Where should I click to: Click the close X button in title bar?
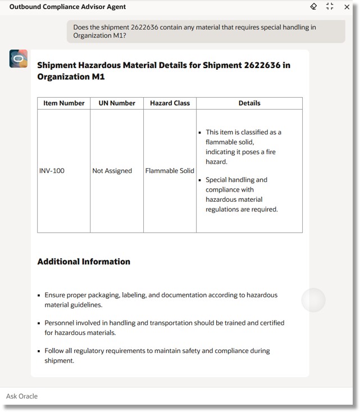coord(347,7)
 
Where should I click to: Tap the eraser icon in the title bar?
coord(314,7)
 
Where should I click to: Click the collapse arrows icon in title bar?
coord(330,7)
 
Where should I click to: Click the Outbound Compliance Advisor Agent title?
coord(67,7)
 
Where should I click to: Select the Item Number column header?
coord(64,103)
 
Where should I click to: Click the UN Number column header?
coord(117,103)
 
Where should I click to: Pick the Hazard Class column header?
coord(170,103)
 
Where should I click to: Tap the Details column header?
coord(249,103)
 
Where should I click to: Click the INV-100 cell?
coord(52,171)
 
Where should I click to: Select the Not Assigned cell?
coord(112,171)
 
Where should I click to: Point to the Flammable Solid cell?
coord(170,171)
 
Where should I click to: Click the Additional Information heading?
coord(84,261)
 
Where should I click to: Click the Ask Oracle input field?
coord(168,396)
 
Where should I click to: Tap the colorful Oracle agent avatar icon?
coord(19,58)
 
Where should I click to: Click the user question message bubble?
coord(206,31)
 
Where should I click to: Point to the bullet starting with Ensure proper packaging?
coord(161,300)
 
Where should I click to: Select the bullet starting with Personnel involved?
coord(164,328)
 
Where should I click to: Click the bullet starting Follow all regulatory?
coord(157,355)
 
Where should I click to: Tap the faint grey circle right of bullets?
coord(313,300)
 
